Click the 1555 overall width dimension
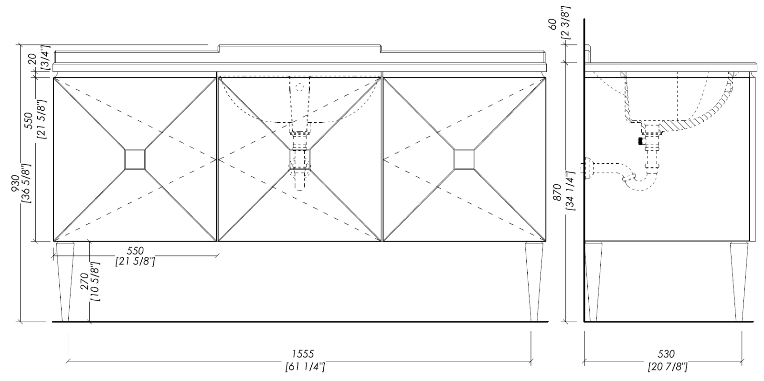pos(303,354)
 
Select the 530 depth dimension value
pos(666,354)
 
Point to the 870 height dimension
pos(556,192)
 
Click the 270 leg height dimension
pos(85,281)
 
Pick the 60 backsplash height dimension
pos(553,24)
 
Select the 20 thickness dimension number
pos(32,59)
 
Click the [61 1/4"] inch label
pos(305,367)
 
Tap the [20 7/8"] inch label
pos(668,367)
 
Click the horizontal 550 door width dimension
pos(135,251)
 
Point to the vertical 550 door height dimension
pos(29,121)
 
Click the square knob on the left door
pos(135,159)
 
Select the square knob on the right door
pos(464,159)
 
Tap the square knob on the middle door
pos(300,159)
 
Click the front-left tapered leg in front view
pos(65,282)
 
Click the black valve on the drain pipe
pos(640,141)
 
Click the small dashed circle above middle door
pos(300,87)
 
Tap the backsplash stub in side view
pos(588,54)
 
